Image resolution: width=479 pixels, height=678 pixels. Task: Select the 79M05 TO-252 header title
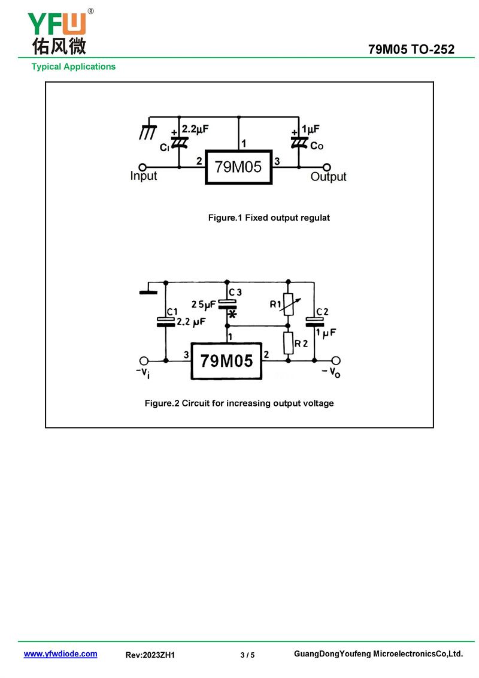coord(411,50)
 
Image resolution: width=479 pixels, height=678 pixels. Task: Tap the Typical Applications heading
coord(74,67)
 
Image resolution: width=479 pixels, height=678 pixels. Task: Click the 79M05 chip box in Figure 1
coord(238,167)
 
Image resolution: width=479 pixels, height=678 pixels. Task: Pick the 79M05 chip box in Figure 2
coord(226,361)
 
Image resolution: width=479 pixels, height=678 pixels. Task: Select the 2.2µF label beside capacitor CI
coord(195,129)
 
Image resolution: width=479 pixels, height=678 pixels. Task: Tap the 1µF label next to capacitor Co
coord(311,129)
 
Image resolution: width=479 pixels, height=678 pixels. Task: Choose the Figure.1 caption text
coord(269,218)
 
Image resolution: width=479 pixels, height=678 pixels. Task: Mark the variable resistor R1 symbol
coord(289,305)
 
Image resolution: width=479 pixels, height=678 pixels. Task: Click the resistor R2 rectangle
coord(289,343)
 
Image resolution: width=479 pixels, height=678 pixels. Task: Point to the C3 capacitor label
coord(235,292)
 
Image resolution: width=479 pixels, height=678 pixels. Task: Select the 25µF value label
coord(204,305)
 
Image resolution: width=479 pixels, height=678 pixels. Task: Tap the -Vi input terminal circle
coord(144,361)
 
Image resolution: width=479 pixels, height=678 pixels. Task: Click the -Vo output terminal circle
coord(336,361)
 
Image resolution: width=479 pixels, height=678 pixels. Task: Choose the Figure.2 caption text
coord(239,403)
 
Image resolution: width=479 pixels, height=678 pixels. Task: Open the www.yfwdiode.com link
coord(60,654)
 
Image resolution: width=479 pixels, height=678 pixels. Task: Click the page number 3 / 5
coord(247,655)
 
